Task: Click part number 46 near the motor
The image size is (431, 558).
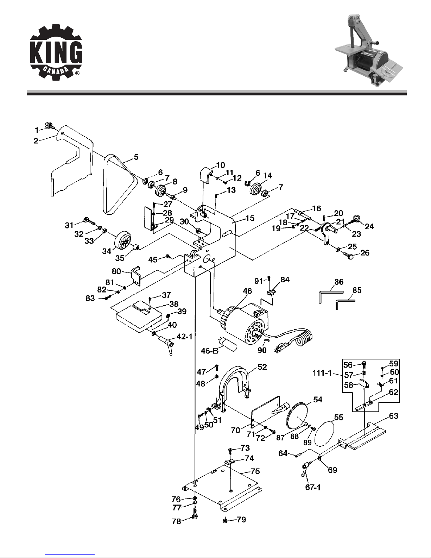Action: pyautogui.click(x=247, y=291)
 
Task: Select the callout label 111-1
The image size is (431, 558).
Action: pyautogui.click(x=322, y=373)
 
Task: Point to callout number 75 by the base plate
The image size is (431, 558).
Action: pyautogui.click(x=255, y=471)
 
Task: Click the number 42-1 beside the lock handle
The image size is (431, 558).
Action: pyautogui.click(x=184, y=337)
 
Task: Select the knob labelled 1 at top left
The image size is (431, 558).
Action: pyautogui.click(x=48, y=126)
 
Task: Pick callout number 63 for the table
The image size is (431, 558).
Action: pyautogui.click(x=393, y=416)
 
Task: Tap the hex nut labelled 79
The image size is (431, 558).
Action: pyautogui.click(x=225, y=521)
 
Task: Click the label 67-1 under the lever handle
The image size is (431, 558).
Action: pyautogui.click(x=313, y=487)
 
